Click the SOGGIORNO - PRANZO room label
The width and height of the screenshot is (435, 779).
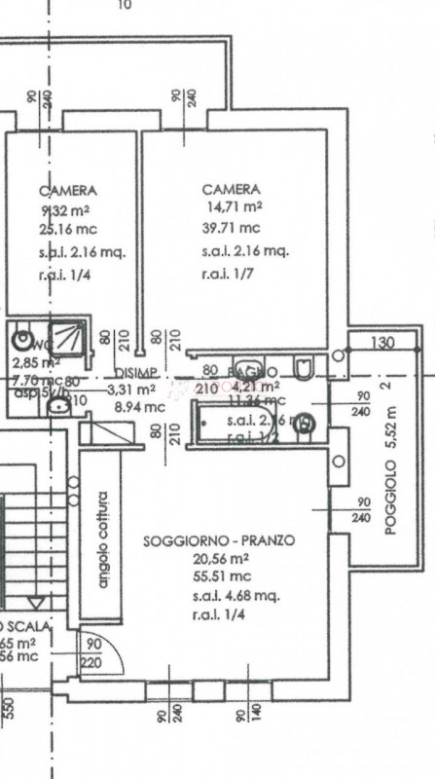[218, 539]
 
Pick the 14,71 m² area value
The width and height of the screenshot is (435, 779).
[233, 207]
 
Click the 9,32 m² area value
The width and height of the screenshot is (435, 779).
[65, 210]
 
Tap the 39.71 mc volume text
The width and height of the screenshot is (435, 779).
[232, 229]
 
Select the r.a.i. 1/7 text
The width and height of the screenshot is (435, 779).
[228, 274]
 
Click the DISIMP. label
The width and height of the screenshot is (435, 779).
[134, 375]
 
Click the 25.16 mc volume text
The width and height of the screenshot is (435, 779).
[61, 230]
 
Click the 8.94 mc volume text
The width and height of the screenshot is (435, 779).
[140, 408]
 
